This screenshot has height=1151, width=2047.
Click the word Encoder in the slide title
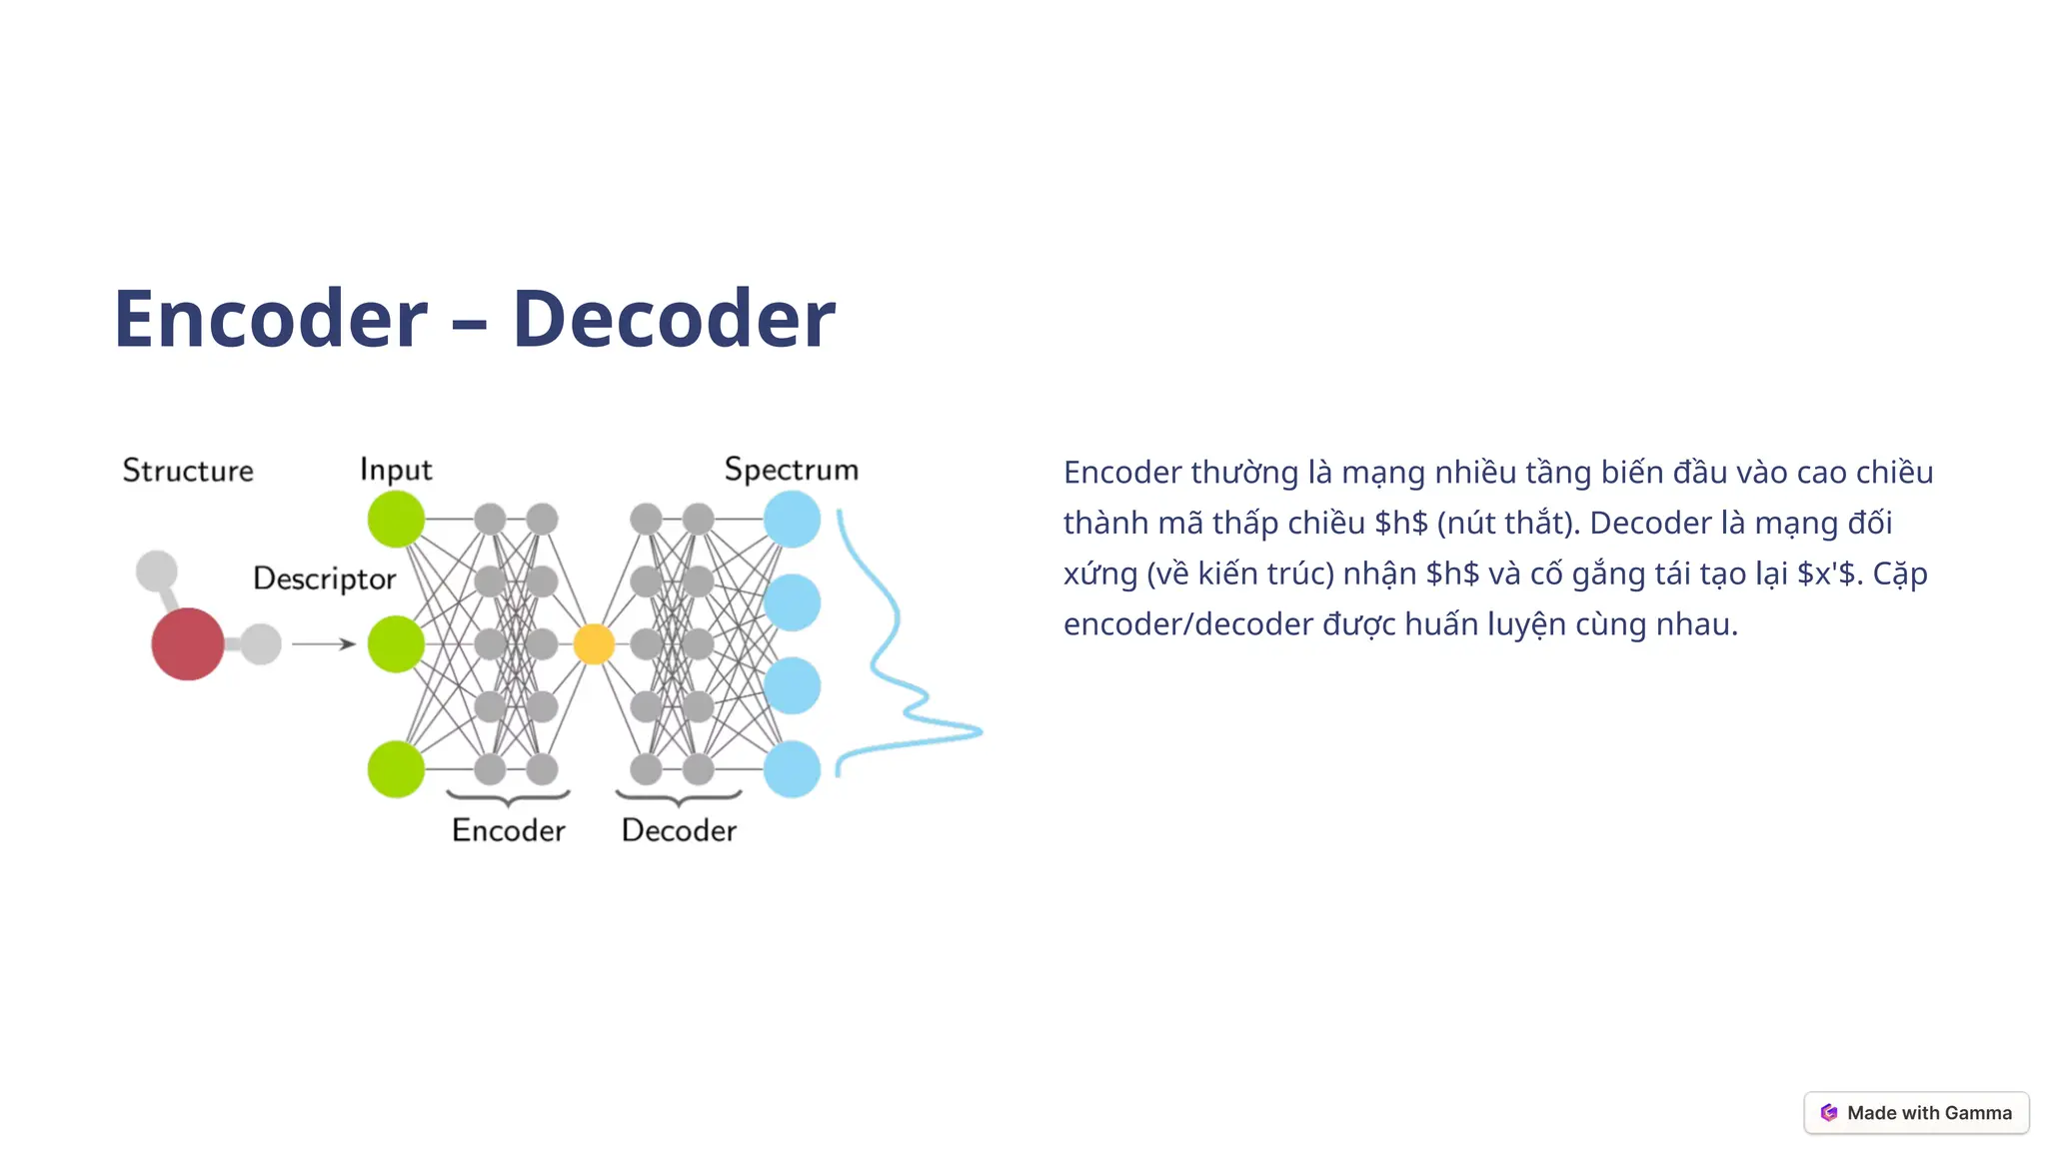[x=271, y=319]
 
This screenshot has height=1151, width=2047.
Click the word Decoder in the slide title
[x=674, y=319]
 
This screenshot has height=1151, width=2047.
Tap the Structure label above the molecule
[x=188, y=471]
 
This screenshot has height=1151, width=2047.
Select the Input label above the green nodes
[x=396, y=470]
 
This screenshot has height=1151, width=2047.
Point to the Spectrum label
[x=791, y=470]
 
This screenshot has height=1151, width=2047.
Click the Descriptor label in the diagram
[x=324, y=578]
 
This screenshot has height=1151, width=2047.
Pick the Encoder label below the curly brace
[x=508, y=830]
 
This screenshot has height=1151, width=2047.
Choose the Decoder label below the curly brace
[x=679, y=830]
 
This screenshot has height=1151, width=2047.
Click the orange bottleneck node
[x=594, y=644]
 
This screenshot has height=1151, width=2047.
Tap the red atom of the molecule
[x=188, y=644]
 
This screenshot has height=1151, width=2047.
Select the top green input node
[x=396, y=520]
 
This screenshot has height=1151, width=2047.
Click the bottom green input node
[x=396, y=769]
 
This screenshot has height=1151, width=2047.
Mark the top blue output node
[x=792, y=520]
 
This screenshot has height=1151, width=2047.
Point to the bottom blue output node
[x=792, y=769]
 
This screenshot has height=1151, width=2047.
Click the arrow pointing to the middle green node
[x=324, y=644]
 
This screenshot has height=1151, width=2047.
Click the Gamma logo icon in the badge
[x=1829, y=1113]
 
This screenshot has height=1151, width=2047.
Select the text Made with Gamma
[x=1929, y=1113]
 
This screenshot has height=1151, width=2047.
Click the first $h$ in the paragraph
[x=1401, y=524]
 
